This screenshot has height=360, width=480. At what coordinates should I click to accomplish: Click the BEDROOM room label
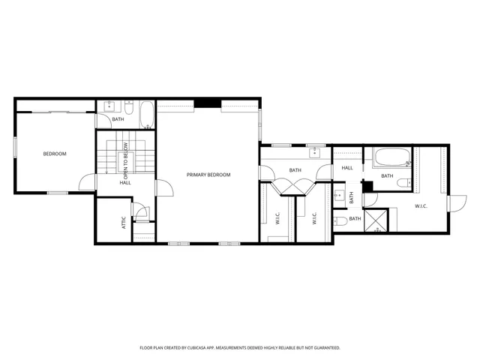[54, 154]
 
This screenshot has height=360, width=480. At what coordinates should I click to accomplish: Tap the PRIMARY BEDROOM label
[208, 175]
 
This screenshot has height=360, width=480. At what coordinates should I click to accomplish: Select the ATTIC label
[124, 222]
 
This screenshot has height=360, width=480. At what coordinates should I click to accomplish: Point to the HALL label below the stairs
[125, 182]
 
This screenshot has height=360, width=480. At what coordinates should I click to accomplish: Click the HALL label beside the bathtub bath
[347, 168]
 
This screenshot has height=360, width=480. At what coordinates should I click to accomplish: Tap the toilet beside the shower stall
[339, 220]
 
